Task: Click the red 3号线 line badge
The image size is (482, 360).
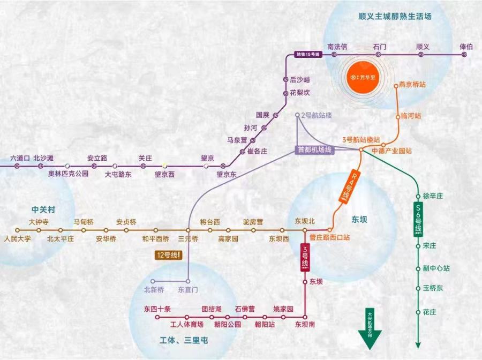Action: (305, 257)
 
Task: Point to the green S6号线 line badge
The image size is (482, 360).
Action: (419, 220)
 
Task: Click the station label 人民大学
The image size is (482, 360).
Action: (17, 238)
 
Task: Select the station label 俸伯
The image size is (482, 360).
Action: (466, 47)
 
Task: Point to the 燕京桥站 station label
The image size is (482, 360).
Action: (412, 85)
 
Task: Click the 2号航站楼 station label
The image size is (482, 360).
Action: (317, 115)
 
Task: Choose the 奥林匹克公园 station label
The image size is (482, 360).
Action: (69, 174)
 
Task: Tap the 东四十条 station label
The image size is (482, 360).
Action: (157, 309)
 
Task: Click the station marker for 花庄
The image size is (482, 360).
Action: (418, 312)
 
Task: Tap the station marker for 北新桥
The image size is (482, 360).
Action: (153, 281)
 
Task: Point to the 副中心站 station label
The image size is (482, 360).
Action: (436, 268)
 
